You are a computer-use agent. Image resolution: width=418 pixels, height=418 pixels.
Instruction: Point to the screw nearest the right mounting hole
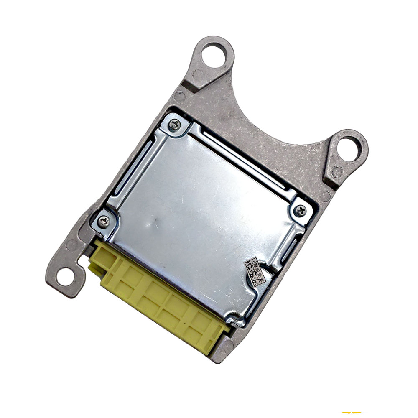coord(300,211)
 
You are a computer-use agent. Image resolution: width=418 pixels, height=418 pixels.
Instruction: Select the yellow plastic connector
coord(159,297)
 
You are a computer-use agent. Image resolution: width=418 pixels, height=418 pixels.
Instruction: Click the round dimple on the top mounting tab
coord(199,75)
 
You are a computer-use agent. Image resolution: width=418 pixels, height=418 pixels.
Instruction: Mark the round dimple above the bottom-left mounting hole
coord(72,245)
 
